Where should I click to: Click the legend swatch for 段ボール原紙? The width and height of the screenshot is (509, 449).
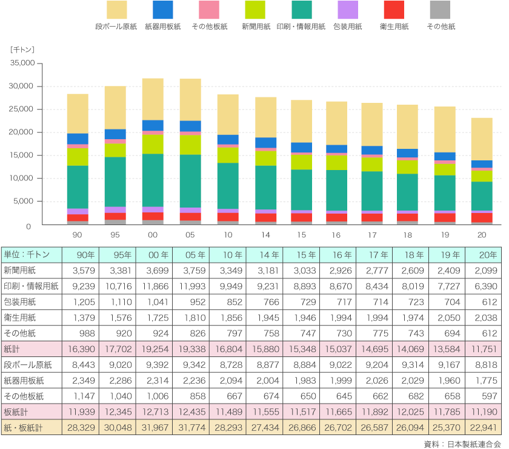click(117, 9)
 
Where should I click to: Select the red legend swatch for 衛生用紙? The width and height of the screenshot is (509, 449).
click(394, 9)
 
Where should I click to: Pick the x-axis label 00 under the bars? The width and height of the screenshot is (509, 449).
click(153, 234)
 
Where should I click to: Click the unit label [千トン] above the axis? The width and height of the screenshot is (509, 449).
click(24, 48)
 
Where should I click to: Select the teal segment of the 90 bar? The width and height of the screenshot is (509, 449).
click(78, 187)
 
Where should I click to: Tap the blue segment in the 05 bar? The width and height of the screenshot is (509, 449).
click(191, 126)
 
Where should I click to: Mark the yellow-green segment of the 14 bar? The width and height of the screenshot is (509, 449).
click(266, 158)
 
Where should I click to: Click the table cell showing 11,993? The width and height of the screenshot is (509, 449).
click(190, 286)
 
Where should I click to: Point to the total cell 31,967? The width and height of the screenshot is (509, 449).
click(153, 427)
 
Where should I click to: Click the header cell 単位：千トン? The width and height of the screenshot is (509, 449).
click(27, 254)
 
